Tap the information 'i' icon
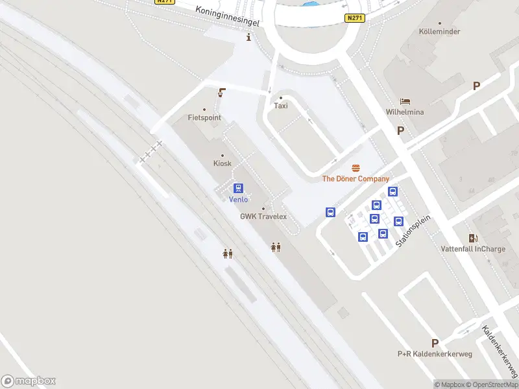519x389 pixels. [x=248, y=38]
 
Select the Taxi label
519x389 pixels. [x=281, y=106]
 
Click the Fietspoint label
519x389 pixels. [x=204, y=118]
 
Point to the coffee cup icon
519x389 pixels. [x=222, y=93]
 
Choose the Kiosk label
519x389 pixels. [x=223, y=163]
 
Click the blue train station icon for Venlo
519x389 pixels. [x=239, y=188]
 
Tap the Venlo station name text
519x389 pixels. [x=239, y=199]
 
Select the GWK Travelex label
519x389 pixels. [x=263, y=217]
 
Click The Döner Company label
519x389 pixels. [x=356, y=179]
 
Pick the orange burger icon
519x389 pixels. [x=356, y=168]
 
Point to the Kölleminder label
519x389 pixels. [x=440, y=32]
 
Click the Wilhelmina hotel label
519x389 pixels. [x=405, y=112]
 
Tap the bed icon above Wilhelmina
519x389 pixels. [x=405, y=101]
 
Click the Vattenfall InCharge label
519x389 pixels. [x=473, y=249]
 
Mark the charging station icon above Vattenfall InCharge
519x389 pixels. [x=473, y=238]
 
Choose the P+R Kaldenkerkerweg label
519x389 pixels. [x=434, y=353]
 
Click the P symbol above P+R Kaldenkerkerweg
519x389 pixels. [x=435, y=343]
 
